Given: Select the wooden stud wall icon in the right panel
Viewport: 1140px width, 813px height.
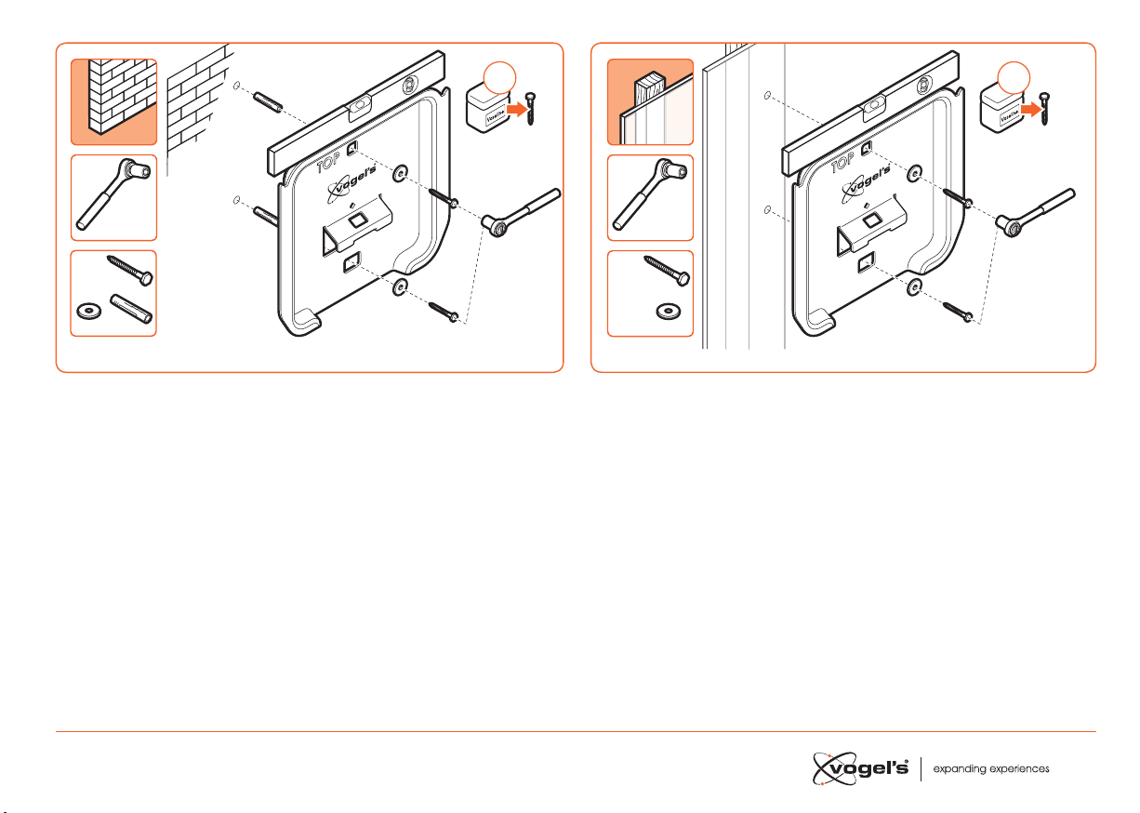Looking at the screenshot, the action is (650, 101).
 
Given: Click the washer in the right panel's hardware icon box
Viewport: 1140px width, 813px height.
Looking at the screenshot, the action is (666, 310).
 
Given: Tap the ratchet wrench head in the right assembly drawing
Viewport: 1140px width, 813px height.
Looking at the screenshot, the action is (1008, 221).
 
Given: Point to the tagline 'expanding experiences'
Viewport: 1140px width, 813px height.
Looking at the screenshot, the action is (991, 770).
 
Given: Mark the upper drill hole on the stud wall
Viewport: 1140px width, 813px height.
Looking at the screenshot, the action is (766, 96).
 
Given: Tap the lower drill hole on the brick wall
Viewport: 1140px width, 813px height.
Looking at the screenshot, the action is (237, 199).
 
